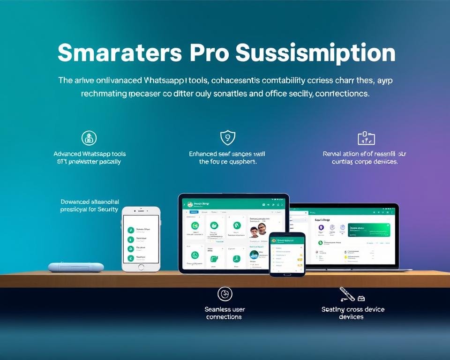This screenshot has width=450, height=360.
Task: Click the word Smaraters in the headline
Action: pyautogui.click(x=120, y=53)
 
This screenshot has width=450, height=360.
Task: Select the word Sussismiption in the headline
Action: pyautogui.click(x=315, y=53)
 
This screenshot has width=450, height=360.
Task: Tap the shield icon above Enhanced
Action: pyautogui.click(x=227, y=137)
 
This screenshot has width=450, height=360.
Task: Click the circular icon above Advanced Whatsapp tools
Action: pyautogui.click(x=89, y=137)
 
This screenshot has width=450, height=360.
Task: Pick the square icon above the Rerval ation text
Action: pyautogui.click(x=366, y=138)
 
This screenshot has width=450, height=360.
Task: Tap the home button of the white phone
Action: pyautogui.click(x=141, y=267)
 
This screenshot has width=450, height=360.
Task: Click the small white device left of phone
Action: pyautogui.click(x=69, y=267)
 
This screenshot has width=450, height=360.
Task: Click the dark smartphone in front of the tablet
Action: pyautogui.click(x=287, y=254)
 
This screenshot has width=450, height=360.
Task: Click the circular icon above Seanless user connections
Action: pyautogui.click(x=225, y=294)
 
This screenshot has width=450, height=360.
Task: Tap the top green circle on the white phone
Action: pyautogui.click(x=131, y=230)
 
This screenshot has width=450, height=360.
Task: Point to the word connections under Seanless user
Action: pyautogui.click(x=224, y=317)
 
